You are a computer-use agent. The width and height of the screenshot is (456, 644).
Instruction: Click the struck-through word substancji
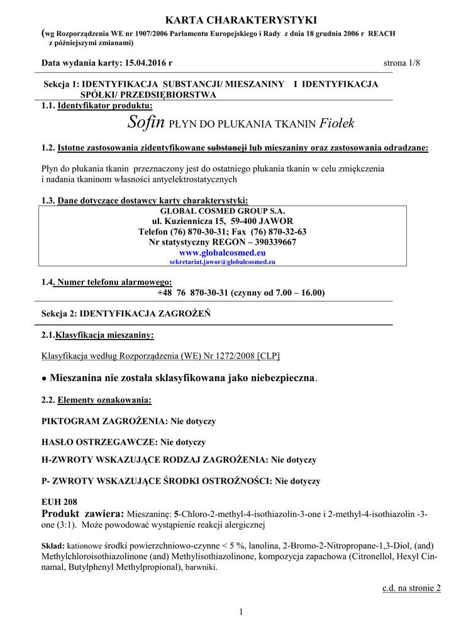[227, 148]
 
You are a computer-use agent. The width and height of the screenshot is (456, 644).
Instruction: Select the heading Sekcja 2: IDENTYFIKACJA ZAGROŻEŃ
[126, 313]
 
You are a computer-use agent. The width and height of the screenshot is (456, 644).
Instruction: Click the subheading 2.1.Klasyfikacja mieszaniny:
[97, 335]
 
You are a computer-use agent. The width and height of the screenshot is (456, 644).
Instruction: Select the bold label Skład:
[53, 546]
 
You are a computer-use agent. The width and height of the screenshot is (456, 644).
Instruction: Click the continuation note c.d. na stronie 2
[411, 588]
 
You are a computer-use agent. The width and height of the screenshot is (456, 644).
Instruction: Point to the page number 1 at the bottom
[241, 612]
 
